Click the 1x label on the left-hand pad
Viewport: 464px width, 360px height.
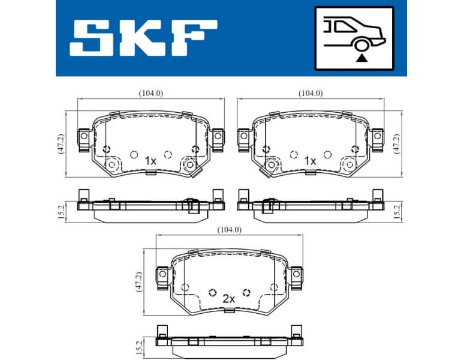150,161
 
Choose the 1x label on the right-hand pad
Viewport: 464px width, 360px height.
310,161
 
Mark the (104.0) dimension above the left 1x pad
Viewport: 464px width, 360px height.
150,93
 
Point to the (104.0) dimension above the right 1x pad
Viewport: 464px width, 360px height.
310,93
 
